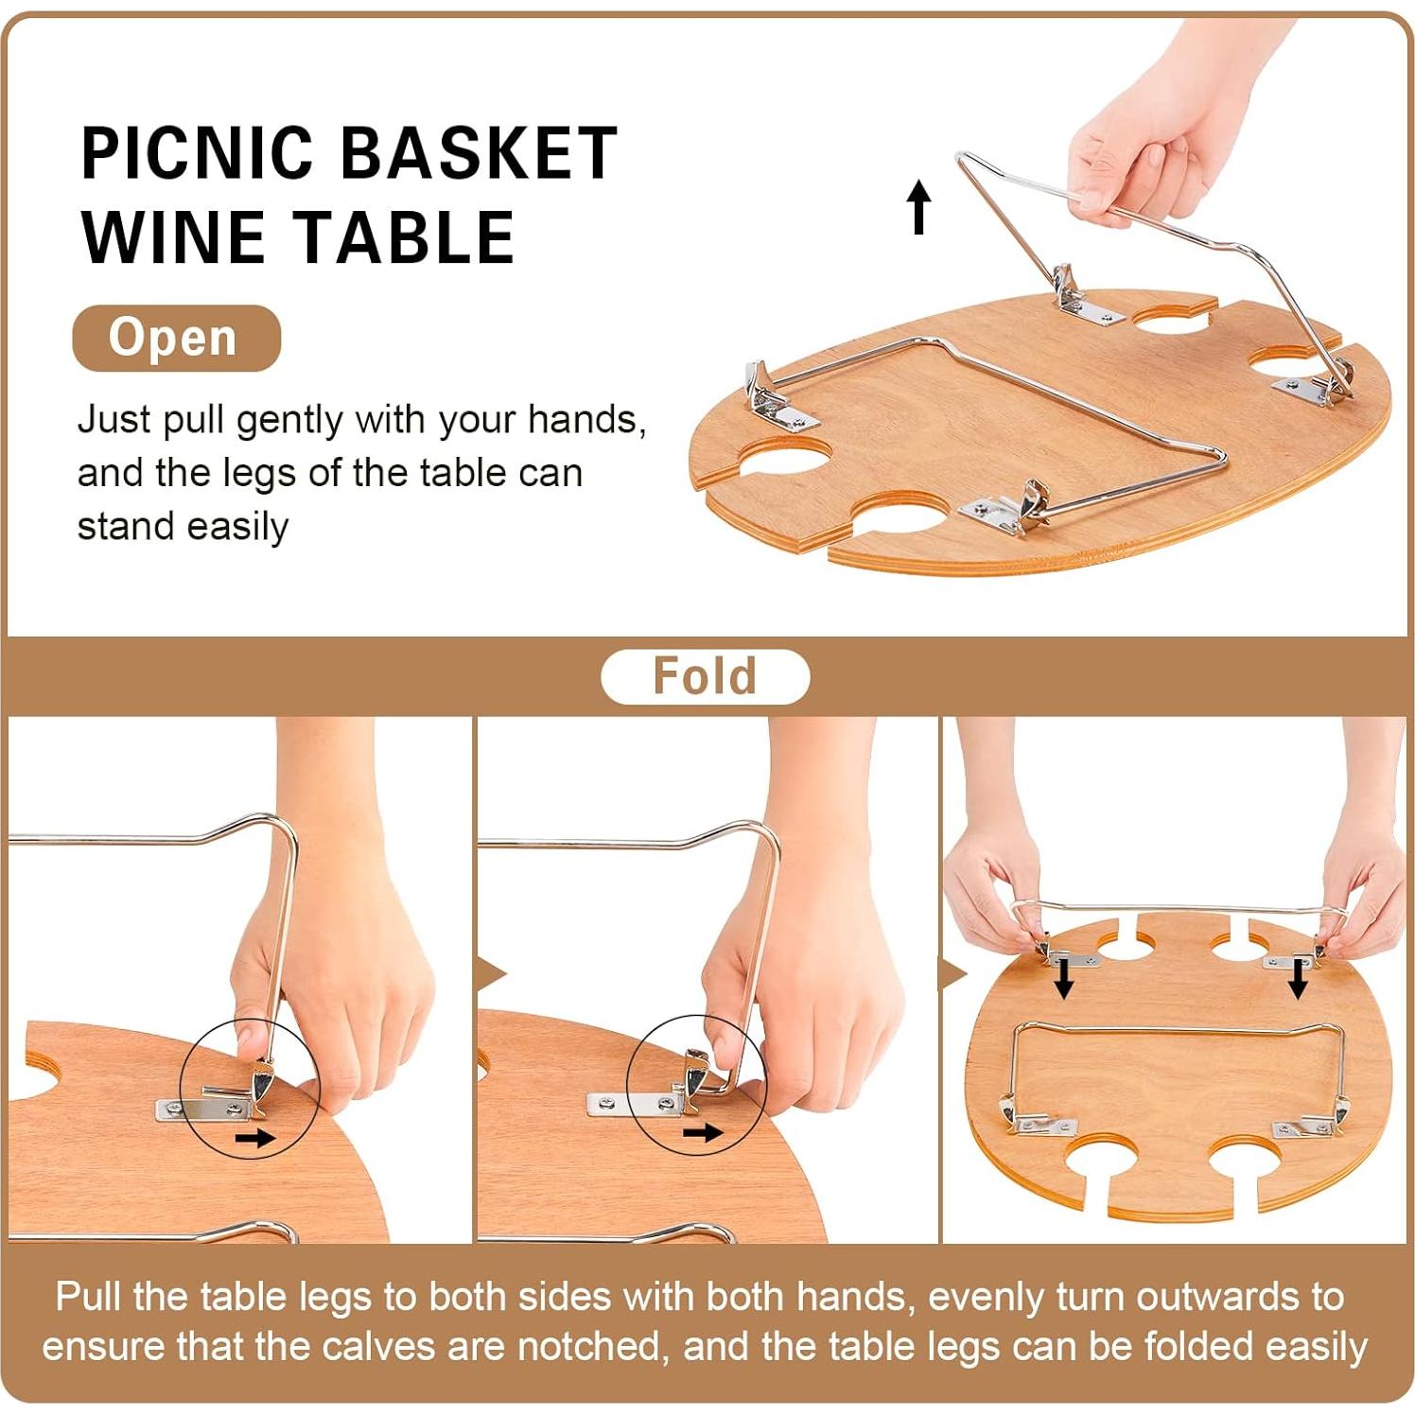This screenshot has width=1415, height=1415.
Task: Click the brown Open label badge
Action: pyautogui.click(x=176, y=338)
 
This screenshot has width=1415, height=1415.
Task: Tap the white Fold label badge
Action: pyautogui.click(x=705, y=676)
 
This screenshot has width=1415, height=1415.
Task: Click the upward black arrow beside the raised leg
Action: pyautogui.click(x=918, y=207)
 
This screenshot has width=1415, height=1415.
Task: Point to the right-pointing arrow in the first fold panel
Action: pyautogui.click(x=254, y=1137)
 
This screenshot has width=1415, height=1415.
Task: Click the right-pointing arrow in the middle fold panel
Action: pyautogui.click(x=702, y=1132)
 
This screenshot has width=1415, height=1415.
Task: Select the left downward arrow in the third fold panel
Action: pyautogui.click(x=1064, y=978)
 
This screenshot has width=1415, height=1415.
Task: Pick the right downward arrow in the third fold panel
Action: pyautogui.click(x=1298, y=978)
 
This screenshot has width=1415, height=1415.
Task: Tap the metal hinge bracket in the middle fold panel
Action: pyautogui.click(x=653, y=1098)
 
